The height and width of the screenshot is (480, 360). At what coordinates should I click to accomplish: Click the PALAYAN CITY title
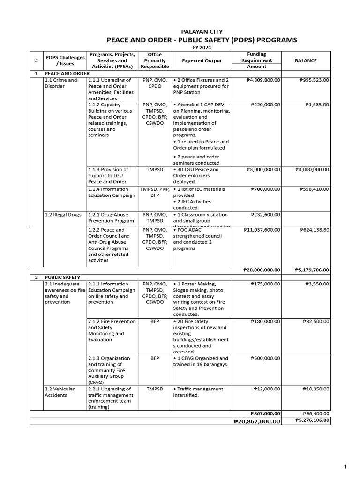pyautogui.click(x=202, y=31)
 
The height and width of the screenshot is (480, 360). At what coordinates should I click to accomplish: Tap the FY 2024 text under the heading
pyautogui.click(x=202, y=48)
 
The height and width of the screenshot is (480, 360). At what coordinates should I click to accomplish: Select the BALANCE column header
pyautogui.click(x=306, y=60)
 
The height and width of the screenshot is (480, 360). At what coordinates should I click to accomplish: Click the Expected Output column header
pyautogui.click(x=202, y=60)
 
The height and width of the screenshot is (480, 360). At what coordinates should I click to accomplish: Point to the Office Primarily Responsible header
pyautogui.click(x=155, y=60)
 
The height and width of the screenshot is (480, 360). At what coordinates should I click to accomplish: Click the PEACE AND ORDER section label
pyautogui.click(x=67, y=74)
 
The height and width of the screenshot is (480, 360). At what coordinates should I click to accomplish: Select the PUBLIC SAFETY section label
pyautogui.click(x=62, y=277)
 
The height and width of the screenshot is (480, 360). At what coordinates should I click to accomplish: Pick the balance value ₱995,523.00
pyautogui.click(x=314, y=80)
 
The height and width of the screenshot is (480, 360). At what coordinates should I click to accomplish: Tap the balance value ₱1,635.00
pyautogui.click(x=317, y=105)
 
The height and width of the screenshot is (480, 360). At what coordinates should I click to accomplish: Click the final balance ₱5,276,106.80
pyautogui.click(x=313, y=420)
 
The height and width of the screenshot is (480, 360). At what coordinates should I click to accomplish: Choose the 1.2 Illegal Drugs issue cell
pyautogui.click(x=63, y=215)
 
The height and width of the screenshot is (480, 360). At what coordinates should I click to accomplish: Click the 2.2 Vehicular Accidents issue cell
pyautogui.click(x=58, y=392)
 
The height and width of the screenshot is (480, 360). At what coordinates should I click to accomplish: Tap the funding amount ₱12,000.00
pyautogui.click(x=267, y=389)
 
